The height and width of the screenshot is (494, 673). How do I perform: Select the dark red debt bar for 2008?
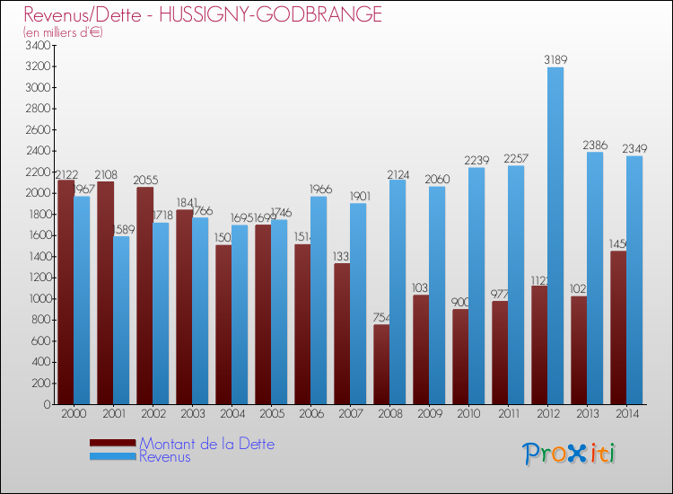pyautogui.click(x=381, y=364)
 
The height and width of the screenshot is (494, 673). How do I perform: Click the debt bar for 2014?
pyautogui.click(x=618, y=327)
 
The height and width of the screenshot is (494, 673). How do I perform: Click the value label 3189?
pyautogui.click(x=555, y=60)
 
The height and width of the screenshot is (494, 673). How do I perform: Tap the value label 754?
pyautogui.click(x=380, y=317)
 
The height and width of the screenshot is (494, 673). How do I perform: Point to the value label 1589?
pyautogui.click(x=121, y=229)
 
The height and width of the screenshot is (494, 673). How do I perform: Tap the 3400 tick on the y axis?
pyautogui.click(x=39, y=45)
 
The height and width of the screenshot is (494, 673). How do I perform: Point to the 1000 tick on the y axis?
pyautogui.click(x=39, y=299)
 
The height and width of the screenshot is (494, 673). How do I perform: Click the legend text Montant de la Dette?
pyautogui.click(x=206, y=444)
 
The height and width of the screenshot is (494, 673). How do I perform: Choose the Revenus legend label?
pyautogui.click(x=165, y=456)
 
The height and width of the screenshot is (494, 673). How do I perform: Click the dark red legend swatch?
pyautogui.click(x=113, y=443)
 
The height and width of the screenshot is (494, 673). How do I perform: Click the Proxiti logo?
pyautogui.click(x=569, y=454)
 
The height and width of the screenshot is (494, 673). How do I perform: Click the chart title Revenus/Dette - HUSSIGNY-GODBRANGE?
pyautogui.click(x=203, y=15)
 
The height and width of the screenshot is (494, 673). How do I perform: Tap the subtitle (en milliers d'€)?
pyautogui.click(x=64, y=32)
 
